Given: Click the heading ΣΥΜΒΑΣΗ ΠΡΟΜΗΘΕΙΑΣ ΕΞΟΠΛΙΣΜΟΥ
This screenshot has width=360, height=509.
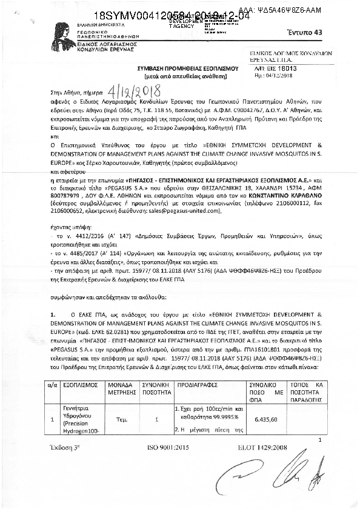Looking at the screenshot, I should [181, 69].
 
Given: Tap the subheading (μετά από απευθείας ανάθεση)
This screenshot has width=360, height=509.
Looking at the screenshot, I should [181, 78].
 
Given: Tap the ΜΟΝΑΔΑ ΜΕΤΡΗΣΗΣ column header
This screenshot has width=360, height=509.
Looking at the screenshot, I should [121, 371].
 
